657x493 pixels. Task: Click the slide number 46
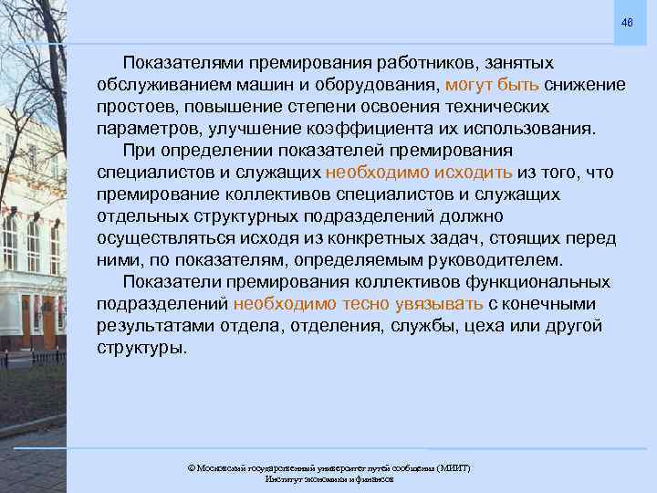pyautogui.click(x=626, y=22)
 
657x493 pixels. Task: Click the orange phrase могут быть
pyautogui.click(x=492, y=85)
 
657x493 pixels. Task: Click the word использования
pyautogui.click(x=530, y=129)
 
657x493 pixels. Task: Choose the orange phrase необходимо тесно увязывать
pyautogui.click(x=359, y=304)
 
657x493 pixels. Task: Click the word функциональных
pyautogui.click(x=533, y=282)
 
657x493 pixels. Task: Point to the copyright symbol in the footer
pyautogui.click(x=191, y=468)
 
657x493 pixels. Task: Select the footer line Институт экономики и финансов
pyautogui.click(x=328, y=479)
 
